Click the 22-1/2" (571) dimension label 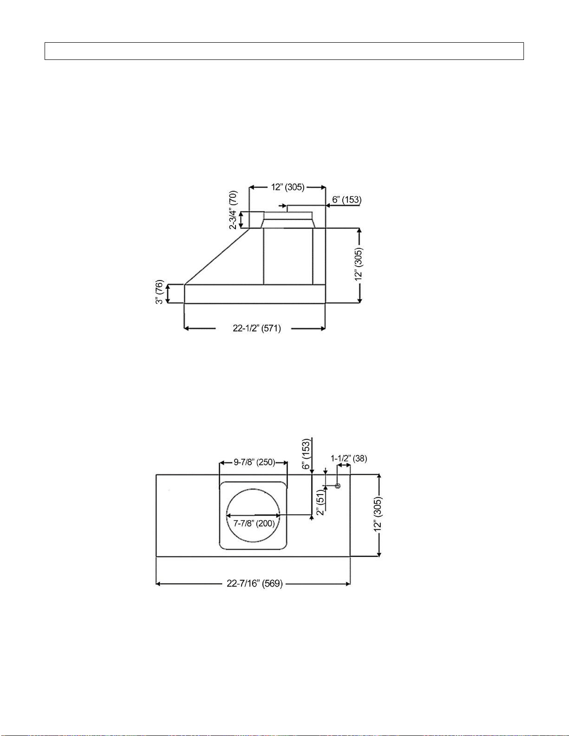click(257, 328)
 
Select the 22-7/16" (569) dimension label click(255, 584)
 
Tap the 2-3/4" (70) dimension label click(233, 210)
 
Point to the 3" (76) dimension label click(159, 292)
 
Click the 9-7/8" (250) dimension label click(255, 462)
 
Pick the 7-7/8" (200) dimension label click(254, 523)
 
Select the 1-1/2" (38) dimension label click(349, 458)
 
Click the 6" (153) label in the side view click(347, 200)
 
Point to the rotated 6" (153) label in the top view click(306, 454)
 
